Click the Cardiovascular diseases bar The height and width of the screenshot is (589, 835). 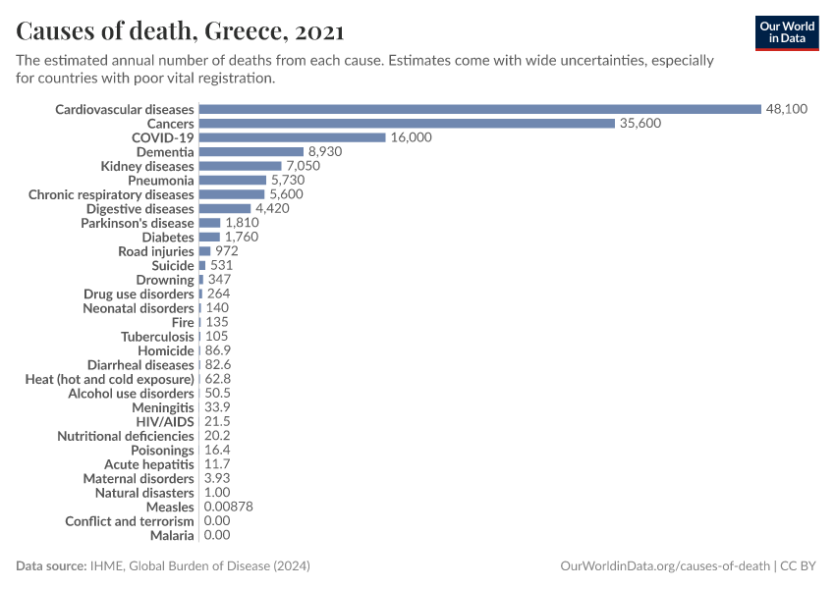click(x=479, y=109)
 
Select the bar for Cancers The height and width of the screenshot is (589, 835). click(x=407, y=124)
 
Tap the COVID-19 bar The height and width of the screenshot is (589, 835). click(x=292, y=137)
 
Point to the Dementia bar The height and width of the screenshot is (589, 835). click(x=250, y=152)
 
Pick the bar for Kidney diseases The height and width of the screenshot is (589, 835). click(x=240, y=166)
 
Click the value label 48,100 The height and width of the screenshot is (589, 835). click(x=787, y=109)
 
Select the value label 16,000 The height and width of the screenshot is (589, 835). click(x=411, y=137)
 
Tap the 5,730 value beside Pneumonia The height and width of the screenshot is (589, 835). click(x=288, y=181)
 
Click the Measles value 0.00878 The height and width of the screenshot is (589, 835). click(x=229, y=507)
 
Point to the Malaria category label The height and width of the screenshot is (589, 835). click(x=172, y=535)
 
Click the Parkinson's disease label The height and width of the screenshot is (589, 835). click(x=138, y=223)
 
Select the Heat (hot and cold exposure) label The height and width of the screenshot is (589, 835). click(x=109, y=379)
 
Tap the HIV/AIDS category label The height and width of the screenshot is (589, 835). click(x=165, y=421)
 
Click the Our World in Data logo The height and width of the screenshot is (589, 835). click(x=786, y=31)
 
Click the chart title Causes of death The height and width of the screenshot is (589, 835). click(x=180, y=31)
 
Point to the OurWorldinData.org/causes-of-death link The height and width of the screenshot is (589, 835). click(x=664, y=566)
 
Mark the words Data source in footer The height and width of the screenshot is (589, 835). click(x=51, y=566)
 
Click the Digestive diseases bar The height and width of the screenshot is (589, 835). click(x=225, y=209)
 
